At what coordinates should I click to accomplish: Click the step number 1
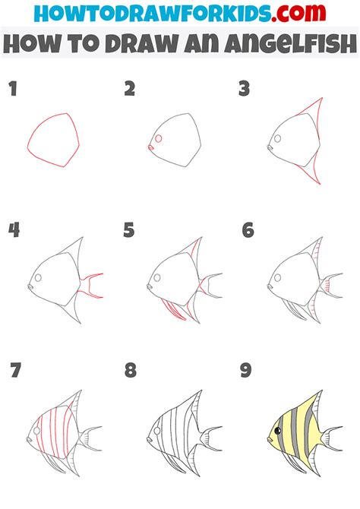coord(13,89)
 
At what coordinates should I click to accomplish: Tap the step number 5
coord(129,230)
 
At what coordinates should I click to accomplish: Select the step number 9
coord(246,370)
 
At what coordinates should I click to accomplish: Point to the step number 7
coord(16,370)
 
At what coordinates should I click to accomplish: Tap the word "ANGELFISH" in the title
coord(270,43)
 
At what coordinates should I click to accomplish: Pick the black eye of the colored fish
coord(278,431)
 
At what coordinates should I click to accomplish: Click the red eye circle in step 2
coord(159,138)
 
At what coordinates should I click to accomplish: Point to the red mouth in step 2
coord(150,147)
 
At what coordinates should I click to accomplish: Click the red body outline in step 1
coord(54,141)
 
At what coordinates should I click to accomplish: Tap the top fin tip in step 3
coord(322,97)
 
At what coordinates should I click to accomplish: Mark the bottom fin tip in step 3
coord(320,184)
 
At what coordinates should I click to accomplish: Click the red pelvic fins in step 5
coord(174,309)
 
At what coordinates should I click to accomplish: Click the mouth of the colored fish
coord(270,439)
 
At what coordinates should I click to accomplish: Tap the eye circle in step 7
coord(36,431)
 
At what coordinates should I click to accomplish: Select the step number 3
coord(244,89)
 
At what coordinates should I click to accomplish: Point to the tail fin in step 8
coord(211,439)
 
